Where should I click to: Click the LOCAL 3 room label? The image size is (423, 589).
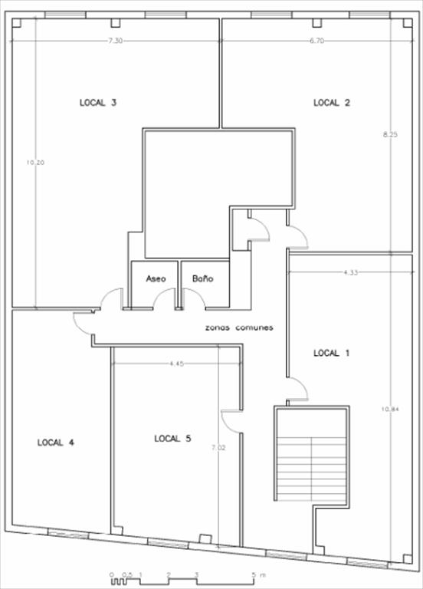(x=98, y=103)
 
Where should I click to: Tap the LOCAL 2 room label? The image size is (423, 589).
(x=332, y=103)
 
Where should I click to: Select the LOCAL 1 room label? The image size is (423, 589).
(x=331, y=353)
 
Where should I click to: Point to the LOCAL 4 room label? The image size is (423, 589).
(x=55, y=443)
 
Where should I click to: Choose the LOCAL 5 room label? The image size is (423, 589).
(x=172, y=439)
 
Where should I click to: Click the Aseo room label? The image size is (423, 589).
(x=156, y=278)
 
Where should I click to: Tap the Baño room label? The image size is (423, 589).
(x=202, y=278)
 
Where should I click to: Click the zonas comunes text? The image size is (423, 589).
(x=239, y=327)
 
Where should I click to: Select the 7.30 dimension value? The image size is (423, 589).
(x=115, y=41)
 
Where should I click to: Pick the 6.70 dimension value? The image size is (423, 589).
(x=316, y=41)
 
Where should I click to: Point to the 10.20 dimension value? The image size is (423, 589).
(x=35, y=163)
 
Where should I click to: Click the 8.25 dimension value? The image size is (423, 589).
(x=390, y=134)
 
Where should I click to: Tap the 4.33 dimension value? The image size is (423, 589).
(x=350, y=273)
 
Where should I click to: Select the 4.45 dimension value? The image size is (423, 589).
(x=176, y=364)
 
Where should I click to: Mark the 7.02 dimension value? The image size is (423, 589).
(x=218, y=447)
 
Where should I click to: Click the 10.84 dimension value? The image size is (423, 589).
(x=390, y=409)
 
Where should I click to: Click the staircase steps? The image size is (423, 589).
(x=311, y=469)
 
